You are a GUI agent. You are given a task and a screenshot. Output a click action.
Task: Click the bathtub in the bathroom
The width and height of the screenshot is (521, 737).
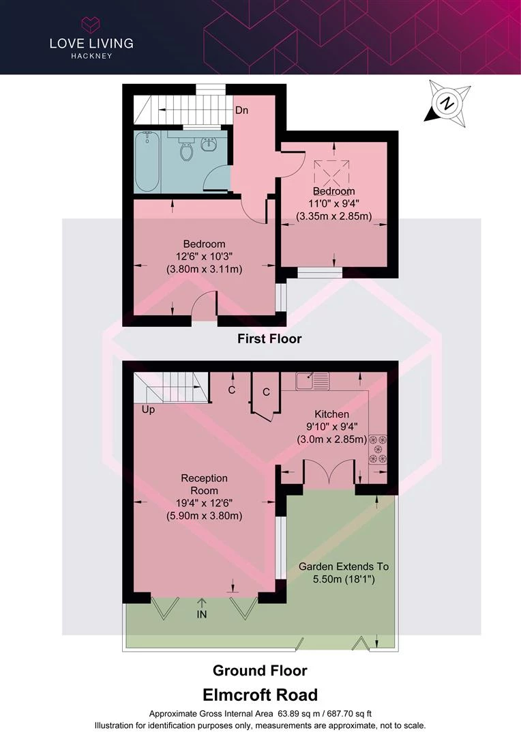coord(147,161)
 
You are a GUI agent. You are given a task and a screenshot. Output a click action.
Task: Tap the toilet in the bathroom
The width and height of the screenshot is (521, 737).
coord(186,149)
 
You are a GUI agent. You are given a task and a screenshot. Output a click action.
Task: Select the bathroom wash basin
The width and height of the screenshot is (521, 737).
coord(209,144)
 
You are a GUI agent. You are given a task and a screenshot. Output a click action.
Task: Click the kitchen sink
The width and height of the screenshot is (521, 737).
coord(312,381)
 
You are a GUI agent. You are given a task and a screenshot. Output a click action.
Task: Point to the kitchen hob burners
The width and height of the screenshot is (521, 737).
coord(378,449)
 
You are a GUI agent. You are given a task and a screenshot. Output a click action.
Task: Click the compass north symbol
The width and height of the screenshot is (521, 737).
coord(448,104)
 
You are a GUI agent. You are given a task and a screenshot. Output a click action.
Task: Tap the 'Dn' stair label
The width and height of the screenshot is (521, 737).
coord(241,111)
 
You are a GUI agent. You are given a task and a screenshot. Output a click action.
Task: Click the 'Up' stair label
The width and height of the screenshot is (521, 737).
coord(148,410)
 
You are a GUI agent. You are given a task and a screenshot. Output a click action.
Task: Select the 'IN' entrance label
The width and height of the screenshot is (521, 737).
coord(202,614)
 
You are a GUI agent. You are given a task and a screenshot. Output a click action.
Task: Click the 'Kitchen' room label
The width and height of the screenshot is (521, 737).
coord(331,414)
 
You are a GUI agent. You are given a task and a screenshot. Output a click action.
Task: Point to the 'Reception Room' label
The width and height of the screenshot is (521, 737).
coord(205,484)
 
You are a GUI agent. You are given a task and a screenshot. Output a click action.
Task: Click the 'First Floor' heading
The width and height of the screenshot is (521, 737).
coord(269,338)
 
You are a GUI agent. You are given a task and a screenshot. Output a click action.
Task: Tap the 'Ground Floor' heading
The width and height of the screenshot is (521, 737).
coord(260,670)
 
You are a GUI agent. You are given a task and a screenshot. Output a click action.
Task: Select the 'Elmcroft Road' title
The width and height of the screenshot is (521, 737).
coord(260,695)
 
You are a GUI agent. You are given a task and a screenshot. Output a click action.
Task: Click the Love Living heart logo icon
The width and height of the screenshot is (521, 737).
coord(91,25)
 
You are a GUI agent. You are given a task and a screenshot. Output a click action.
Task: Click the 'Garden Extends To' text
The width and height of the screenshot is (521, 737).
coord(344,566)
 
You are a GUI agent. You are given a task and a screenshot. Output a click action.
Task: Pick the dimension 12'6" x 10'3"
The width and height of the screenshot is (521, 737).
coord(205,257)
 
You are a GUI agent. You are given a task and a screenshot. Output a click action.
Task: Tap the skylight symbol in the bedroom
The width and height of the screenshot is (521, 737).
coord(332,173)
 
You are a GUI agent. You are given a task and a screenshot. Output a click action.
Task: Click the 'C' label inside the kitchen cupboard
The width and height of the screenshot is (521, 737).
coord(267,392)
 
